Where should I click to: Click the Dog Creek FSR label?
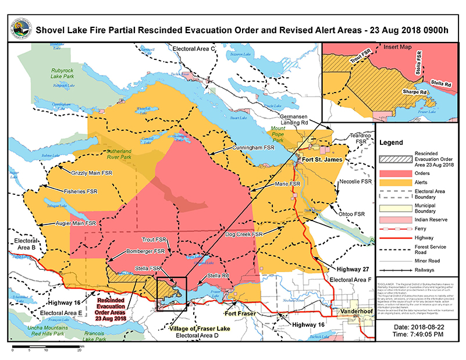pyautogui.click(x=245, y=234)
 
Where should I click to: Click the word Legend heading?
pyautogui.click(x=391, y=142)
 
